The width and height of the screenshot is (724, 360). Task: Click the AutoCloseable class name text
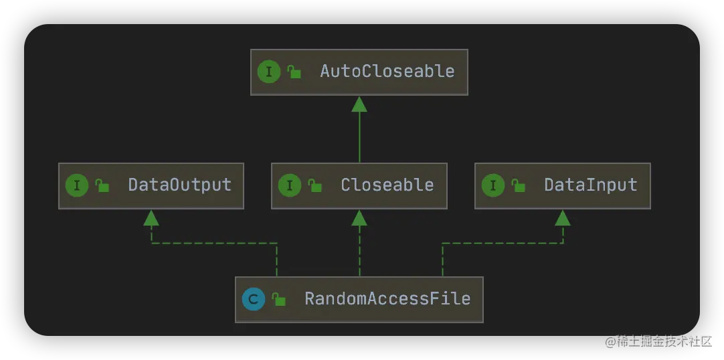(x=387, y=72)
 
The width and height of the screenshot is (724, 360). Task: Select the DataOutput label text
(x=179, y=185)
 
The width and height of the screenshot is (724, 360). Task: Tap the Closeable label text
(x=387, y=185)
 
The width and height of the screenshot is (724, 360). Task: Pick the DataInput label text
(x=590, y=185)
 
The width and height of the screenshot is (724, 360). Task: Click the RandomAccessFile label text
(x=387, y=299)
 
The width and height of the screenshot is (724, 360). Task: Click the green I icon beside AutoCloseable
(x=269, y=72)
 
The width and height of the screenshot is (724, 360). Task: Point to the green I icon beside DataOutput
(x=77, y=185)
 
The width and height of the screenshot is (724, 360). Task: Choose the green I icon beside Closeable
(x=290, y=185)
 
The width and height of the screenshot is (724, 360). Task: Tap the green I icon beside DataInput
(x=493, y=185)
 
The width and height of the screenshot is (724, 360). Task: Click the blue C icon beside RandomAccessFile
(x=254, y=299)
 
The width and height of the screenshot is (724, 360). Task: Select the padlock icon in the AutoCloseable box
(x=294, y=72)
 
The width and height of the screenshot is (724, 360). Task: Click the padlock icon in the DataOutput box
(x=102, y=186)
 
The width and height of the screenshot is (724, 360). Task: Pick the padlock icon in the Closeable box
(x=314, y=186)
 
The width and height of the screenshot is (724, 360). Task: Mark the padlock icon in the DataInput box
(x=518, y=186)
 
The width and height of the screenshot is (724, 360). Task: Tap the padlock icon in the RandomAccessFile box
(x=278, y=300)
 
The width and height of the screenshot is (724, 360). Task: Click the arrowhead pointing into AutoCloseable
(x=359, y=104)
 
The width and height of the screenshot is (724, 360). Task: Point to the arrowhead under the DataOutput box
(x=151, y=217)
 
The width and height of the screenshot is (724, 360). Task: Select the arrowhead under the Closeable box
(x=359, y=217)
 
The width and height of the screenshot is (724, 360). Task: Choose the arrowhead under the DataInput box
(x=563, y=217)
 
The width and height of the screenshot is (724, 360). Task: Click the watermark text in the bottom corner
(x=657, y=341)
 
